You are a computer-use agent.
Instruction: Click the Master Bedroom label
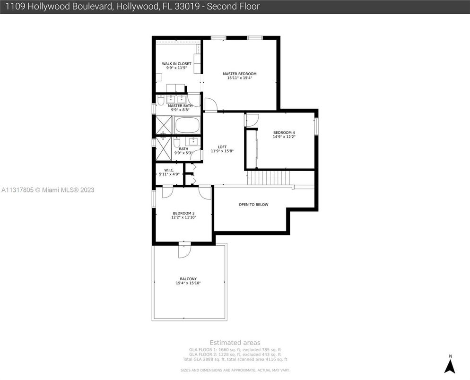click(239, 74)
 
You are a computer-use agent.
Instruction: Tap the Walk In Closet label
click(176, 64)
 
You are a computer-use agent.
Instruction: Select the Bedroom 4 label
click(284, 132)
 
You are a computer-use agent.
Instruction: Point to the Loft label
click(222, 147)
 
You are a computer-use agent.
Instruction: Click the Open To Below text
click(253, 205)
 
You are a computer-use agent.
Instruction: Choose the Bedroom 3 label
click(183, 213)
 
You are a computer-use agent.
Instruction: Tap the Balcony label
click(188, 279)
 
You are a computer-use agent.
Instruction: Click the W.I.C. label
click(169, 170)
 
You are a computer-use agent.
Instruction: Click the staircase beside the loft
click(268, 178)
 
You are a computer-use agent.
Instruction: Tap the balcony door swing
click(184, 250)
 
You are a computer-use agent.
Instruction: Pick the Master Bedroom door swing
click(210, 104)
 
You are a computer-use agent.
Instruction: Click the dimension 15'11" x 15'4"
click(239, 78)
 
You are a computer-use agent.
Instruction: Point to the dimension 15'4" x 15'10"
click(188, 284)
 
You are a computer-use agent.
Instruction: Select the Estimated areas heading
click(235, 343)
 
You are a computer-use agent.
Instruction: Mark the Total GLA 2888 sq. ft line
click(235, 359)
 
